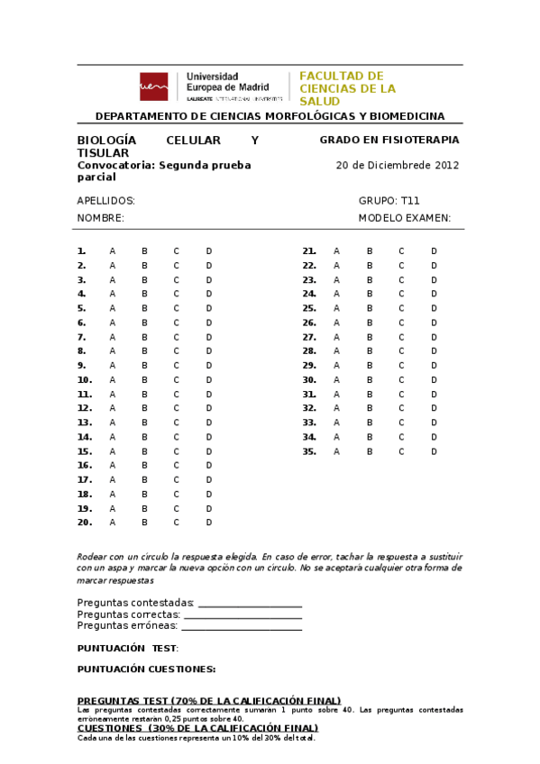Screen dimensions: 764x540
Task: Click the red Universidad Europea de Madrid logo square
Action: (x=153, y=86)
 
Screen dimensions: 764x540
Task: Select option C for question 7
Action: (x=177, y=337)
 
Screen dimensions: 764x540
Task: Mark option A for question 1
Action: (x=113, y=251)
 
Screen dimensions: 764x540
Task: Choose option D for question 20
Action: (x=209, y=523)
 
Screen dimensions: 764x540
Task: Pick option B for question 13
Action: (x=144, y=423)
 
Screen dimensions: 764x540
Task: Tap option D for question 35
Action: (x=434, y=451)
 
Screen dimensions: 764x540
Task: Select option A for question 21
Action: (x=337, y=251)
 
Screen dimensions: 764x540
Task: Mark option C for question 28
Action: (x=401, y=351)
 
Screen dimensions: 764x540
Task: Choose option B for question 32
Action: (x=369, y=408)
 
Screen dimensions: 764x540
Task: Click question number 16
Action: (x=85, y=466)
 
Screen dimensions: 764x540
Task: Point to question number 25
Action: (x=309, y=308)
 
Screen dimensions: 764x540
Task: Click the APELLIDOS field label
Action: (x=106, y=201)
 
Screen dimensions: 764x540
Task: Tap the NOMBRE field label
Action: (x=101, y=218)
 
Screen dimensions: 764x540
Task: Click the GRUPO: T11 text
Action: (x=389, y=201)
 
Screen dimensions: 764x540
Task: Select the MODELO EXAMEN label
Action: (x=405, y=218)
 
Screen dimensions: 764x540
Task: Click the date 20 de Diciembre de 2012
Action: (x=398, y=166)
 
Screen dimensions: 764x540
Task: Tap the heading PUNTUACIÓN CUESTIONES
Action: (x=146, y=669)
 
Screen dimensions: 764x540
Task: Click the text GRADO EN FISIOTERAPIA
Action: (x=389, y=141)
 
